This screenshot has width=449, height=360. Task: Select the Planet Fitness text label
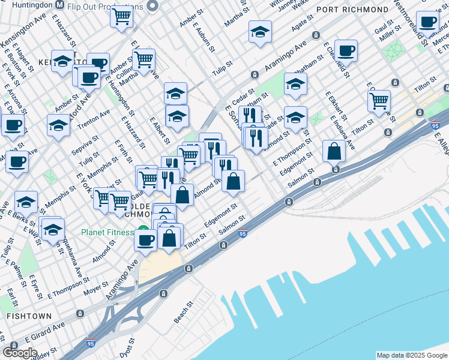108,232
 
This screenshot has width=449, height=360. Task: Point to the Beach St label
184,312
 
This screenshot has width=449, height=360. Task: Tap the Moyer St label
96,290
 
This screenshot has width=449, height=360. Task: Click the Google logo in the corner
20,353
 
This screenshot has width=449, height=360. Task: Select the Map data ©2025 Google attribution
412,355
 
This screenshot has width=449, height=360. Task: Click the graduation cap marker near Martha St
260,31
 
